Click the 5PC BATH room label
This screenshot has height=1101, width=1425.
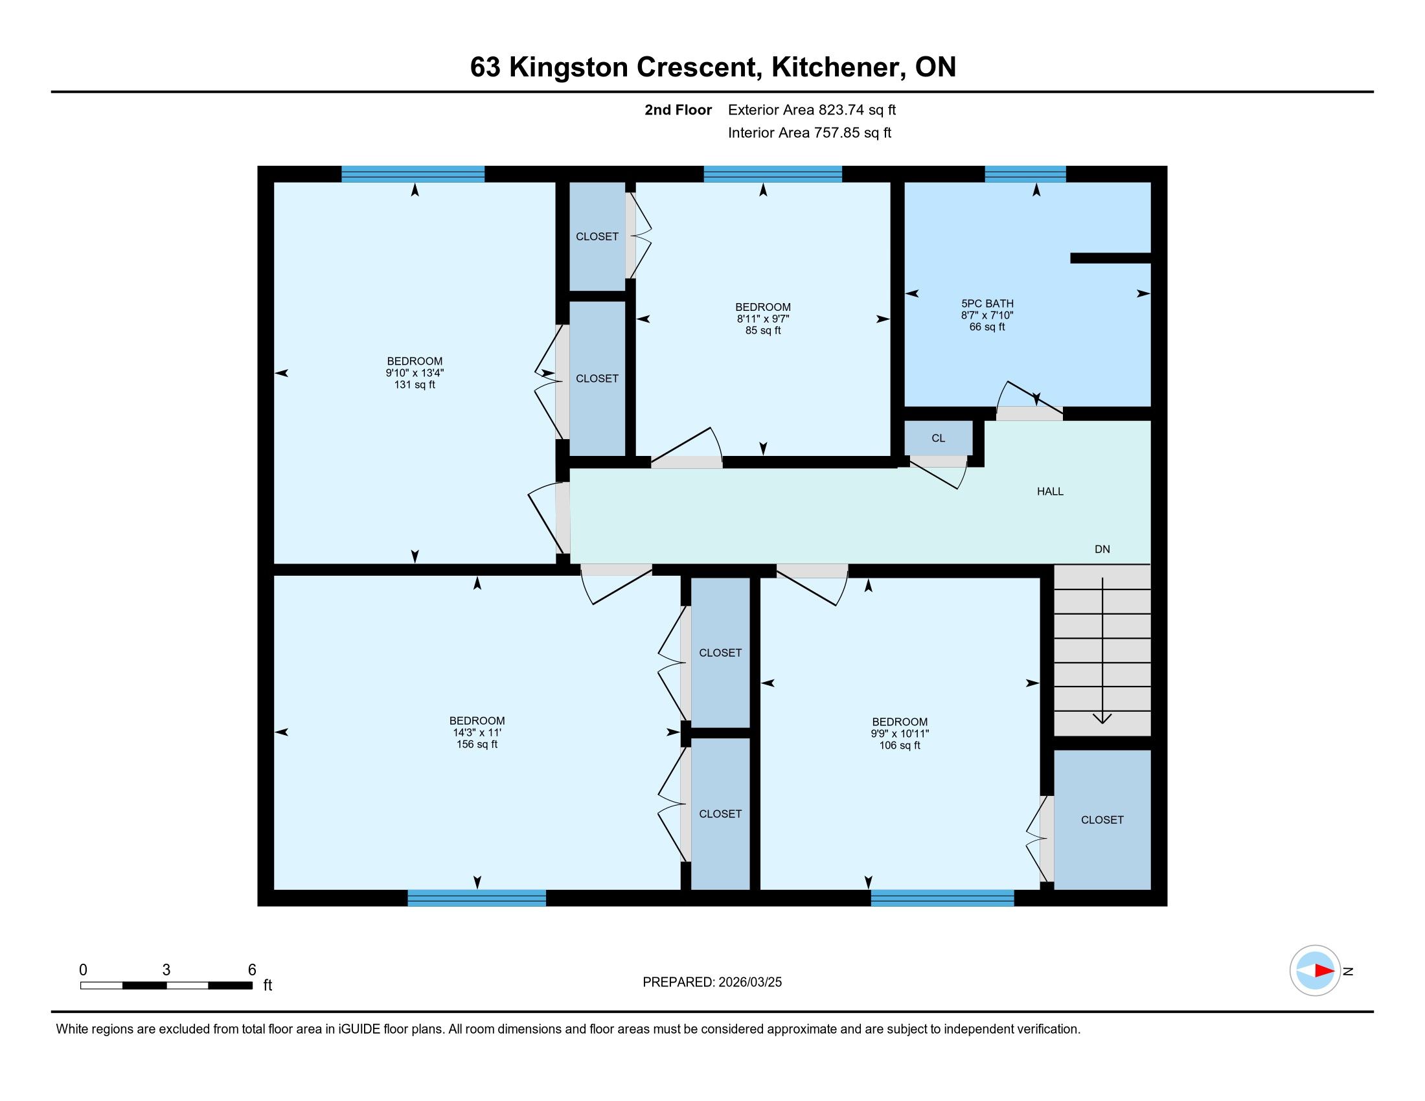point(986,315)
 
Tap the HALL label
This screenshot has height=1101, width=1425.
point(1050,491)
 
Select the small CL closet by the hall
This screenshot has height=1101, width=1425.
point(939,438)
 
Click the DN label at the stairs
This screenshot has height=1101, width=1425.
point(1102,549)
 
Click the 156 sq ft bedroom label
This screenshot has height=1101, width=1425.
point(477,732)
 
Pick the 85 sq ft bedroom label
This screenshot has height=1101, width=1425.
point(763,318)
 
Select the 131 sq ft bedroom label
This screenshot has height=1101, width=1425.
point(415,372)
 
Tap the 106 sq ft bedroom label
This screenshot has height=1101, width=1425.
point(900,733)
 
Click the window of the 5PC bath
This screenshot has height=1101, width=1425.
point(1025,174)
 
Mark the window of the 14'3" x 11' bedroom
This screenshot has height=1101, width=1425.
point(477,898)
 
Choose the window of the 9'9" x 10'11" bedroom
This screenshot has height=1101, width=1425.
point(942,898)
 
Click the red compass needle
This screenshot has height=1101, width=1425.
point(1325,970)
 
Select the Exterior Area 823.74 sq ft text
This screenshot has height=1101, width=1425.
point(812,109)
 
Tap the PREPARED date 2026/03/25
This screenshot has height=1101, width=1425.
point(749,982)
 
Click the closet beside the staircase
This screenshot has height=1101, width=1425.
point(1102,819)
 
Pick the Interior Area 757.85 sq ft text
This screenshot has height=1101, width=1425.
point(809,132)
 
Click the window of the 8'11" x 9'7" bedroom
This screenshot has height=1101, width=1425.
point(773,174)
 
